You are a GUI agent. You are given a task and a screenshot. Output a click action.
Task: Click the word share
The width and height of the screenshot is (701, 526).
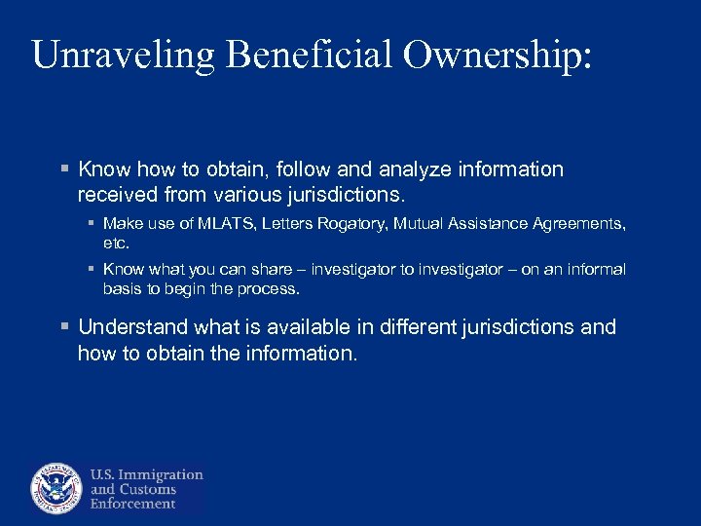click(x=267, y=269)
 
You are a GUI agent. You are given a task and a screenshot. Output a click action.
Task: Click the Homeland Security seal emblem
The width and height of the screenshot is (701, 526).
click(x=56, y=487)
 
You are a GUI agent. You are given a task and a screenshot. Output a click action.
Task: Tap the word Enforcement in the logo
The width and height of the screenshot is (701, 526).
click(x=133, y=504)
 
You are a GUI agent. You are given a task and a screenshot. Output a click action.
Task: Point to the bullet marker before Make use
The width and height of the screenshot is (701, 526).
click(x=90, y=224)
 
